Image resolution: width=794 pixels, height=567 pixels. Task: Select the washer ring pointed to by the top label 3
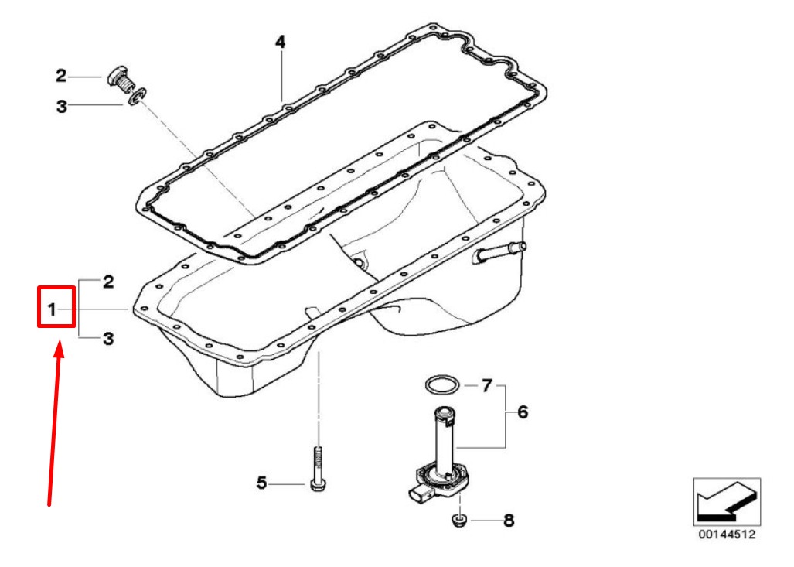pos(136,96)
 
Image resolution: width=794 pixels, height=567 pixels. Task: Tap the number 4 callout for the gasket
pos(280,42)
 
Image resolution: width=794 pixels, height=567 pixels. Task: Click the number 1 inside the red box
pos(52,309)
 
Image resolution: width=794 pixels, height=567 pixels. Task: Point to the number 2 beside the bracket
pos(108,282)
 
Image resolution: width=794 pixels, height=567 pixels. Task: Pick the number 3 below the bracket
pos(108,339)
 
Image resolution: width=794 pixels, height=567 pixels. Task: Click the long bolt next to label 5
pos(318,468)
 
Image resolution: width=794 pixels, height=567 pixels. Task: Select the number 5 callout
pos(261,483)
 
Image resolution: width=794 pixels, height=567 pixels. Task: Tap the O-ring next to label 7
pos(442,385)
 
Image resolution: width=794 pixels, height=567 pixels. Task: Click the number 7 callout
pos(486,385)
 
